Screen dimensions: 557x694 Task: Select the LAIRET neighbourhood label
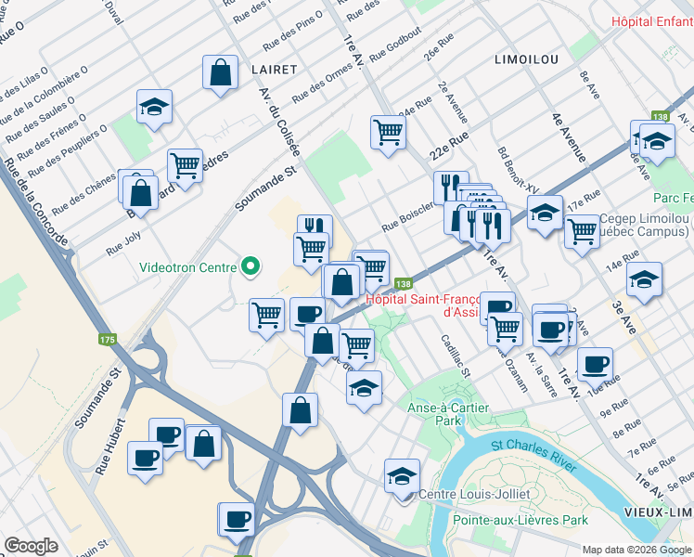tap(273, 70)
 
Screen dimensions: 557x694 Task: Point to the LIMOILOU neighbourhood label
tap(527, 58)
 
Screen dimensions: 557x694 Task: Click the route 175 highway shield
tap(107, 340)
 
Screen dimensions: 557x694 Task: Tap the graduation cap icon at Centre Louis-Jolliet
tap(401, 475)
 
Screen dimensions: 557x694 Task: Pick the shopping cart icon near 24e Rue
tap(388, 131)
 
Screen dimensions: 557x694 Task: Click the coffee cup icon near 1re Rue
tap(594, 363)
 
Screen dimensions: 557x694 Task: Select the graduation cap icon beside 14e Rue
tap(644, 278)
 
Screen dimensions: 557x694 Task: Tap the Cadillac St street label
tap(456, 356)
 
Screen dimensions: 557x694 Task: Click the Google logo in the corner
tap(31, 546)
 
